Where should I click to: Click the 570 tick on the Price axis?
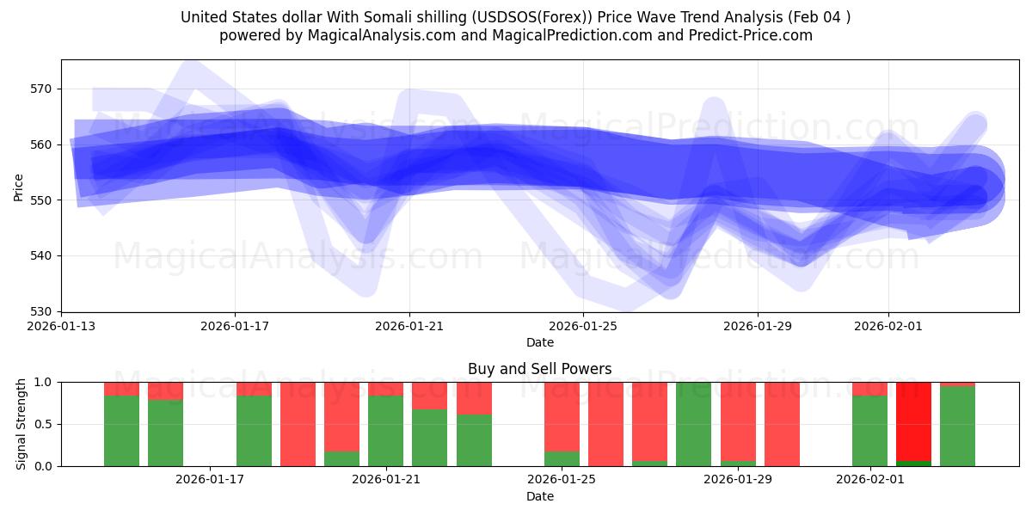tap(41, 89)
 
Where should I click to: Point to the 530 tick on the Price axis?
tap(41, 311)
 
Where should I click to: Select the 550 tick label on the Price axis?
tap(41, 200)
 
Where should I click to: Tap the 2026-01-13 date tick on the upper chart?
tap(61, 327)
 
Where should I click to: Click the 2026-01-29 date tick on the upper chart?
tap(757, 327)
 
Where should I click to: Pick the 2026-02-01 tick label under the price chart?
tap(888, 327)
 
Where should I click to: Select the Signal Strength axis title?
tap(21, 424)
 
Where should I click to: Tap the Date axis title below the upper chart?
tap(539, 342)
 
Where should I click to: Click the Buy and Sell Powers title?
tap(539, 369)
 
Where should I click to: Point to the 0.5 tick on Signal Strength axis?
tap(43, 424)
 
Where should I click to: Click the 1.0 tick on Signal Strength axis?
tap(43, 382)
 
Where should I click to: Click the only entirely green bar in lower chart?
tap(693, 424)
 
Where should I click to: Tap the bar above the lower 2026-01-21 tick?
tap(385, 424)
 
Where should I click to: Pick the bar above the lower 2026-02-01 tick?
tap(869, 424)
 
